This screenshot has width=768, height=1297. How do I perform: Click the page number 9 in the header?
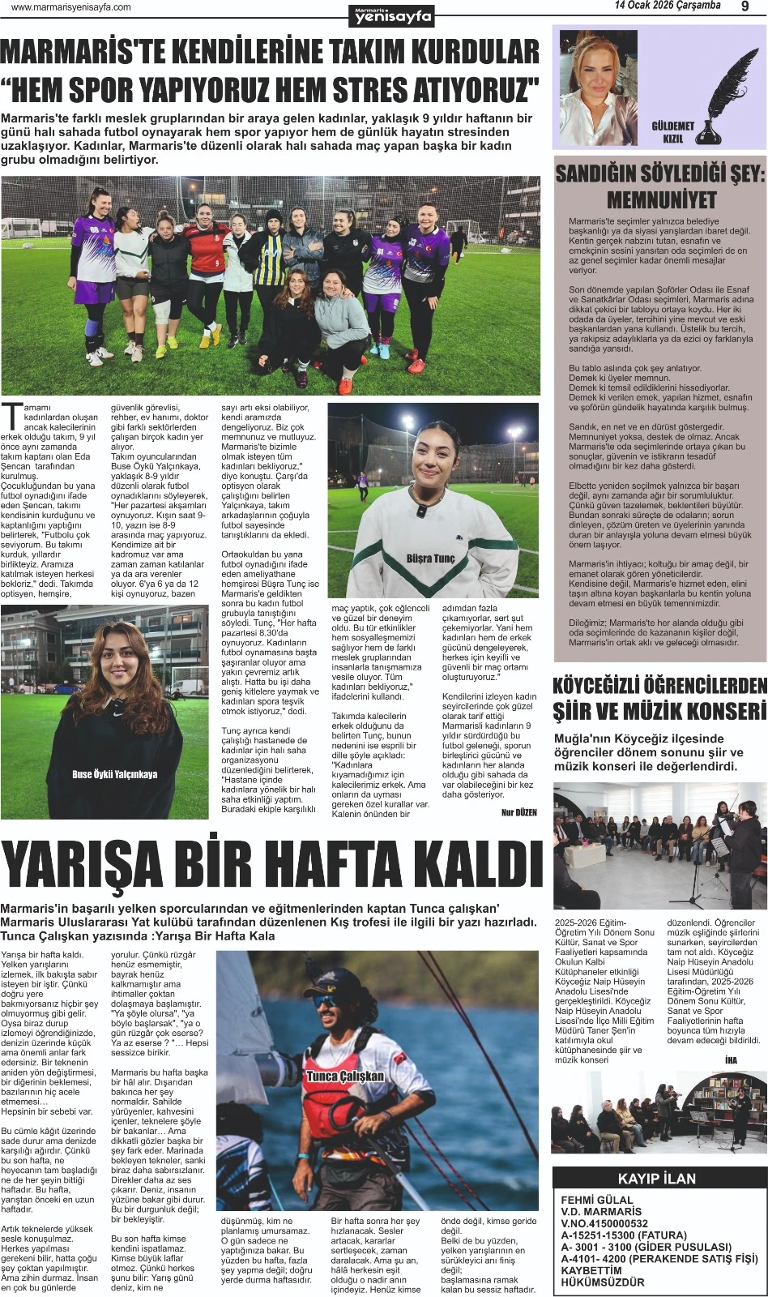(x=745, y=7)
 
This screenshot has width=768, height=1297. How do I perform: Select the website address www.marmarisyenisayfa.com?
(x=71, y=7)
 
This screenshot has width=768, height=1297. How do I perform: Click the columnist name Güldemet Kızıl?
(x=673, y=132)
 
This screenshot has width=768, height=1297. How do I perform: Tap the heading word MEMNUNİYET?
(x=661, y=199)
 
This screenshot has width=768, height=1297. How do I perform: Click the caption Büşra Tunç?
(x=431, y=559)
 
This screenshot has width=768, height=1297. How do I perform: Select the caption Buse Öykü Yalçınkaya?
(x=115, y=774)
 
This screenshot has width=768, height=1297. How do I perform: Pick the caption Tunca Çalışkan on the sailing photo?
(x=345, y=1077)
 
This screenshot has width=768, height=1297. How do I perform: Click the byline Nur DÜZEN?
(x=518, y=811)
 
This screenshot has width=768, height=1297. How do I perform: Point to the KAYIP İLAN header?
(x=657, y=1179)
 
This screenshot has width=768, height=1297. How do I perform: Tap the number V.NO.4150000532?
(x=604, y=1224)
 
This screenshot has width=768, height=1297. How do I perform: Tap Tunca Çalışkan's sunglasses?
(x=326, y=1002)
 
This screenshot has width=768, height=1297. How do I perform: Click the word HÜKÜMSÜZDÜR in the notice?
(x=603, y=1282)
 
